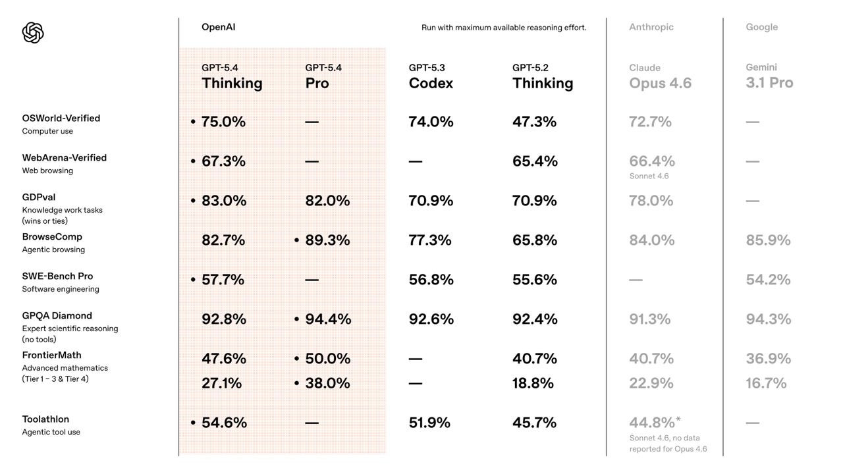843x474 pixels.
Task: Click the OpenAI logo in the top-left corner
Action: coord(33,32)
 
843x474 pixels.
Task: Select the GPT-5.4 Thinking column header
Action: coord(232,76)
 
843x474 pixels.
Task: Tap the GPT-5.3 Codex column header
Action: coord(431,76)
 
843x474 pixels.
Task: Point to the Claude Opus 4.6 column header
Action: coord(660,76)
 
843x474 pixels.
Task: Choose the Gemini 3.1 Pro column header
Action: coord(769,76)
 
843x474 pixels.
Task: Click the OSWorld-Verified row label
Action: coord(61,118)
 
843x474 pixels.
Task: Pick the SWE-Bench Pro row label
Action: coord(57,276)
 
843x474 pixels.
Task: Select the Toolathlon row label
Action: coord(45,419)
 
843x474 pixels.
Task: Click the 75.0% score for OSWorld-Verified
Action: coord(223,122)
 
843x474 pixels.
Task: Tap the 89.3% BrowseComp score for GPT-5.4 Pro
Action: coord(327,240)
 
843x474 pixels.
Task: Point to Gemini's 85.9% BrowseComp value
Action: coord(768,240)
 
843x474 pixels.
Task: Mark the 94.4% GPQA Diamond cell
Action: coord(328,319)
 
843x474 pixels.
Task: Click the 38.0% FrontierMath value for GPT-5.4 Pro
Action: coord(327,383)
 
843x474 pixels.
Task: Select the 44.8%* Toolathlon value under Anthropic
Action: coord(654,423)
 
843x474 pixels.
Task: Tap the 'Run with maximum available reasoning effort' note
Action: coord(504,28)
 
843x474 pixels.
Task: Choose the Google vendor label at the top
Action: coord(761,27)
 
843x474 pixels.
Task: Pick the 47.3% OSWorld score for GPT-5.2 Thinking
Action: coord(534,122)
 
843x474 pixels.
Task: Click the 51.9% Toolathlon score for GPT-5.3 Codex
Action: coord(429,423)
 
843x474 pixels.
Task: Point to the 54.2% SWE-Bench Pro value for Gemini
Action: coord(768,280)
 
